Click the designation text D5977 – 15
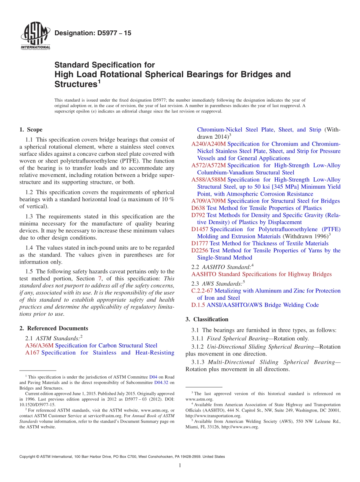point(93,33)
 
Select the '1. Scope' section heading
point(31,130)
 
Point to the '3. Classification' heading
point(207,319)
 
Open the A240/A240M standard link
point(208,144)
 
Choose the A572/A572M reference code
point(208,166)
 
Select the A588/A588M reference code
point(208,180)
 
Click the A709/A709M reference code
point(208,201)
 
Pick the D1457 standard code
point(200,229)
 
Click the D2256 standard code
point(200,250)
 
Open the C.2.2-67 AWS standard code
point(202,291)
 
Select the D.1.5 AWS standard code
point(198,305)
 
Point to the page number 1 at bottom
point(180,466)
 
